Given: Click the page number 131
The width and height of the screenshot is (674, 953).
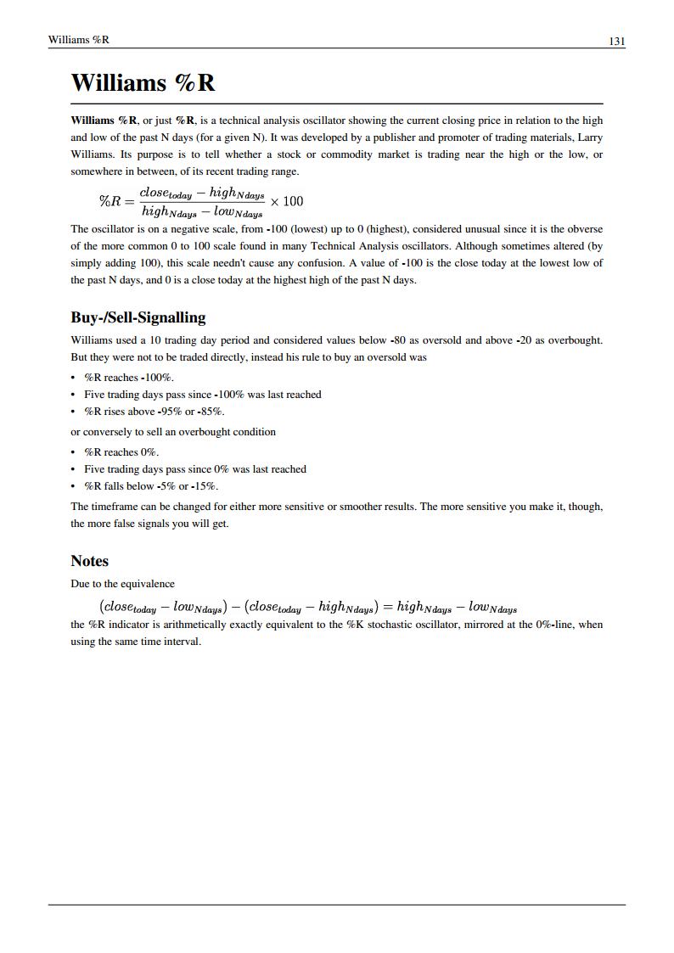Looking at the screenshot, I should point(616,41).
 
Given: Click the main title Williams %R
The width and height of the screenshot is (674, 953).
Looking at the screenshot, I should point(143,83).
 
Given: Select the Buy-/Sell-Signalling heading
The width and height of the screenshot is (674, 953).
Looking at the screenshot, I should point(138,317).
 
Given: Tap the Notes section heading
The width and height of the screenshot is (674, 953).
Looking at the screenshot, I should point(89,561).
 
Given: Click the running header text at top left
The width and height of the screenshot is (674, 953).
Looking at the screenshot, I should point(79,40).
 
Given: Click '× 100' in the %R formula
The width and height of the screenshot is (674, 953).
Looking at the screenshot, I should point(286,201).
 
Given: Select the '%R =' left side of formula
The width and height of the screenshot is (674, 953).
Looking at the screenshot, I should point(116,201).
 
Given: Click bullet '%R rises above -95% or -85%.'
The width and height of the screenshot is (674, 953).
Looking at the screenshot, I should point(154,412).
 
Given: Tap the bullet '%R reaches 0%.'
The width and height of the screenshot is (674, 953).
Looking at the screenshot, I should point(121,452).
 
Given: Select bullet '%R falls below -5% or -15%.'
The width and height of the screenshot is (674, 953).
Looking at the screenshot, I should point(151,486).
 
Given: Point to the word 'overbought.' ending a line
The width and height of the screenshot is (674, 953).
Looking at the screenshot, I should point(576,340).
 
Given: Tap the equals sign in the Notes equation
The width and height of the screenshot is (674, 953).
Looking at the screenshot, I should point(387,607).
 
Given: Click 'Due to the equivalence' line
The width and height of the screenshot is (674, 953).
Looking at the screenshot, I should point(122,584).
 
